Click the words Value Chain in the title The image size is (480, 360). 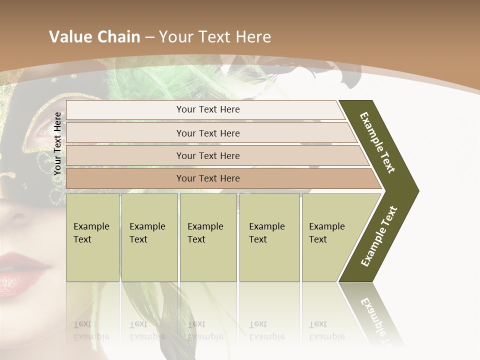pyautogui.click(x=94, y=37)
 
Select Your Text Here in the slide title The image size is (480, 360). pyautogui.click(x=215, y=37)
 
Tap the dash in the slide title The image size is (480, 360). pyautogui.click(x=149, y=37)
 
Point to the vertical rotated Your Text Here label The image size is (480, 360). pyautogui.click(x=57, y=143)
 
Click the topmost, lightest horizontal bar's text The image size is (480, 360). pyautogui.click(x=208, y=109)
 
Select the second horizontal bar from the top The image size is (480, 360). pyautogui.click(x=208, y=133)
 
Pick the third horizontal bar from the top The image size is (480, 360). pyautogui.click(x=208, y=156)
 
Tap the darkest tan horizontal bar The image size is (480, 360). pyautogui.click(x=208, y=178)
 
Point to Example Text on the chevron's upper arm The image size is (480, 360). pyautogui.click(x=378, y=142)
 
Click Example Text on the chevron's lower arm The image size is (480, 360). pyautogui.click(x=379, y=236)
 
